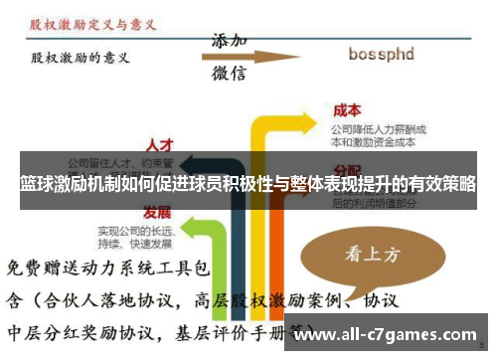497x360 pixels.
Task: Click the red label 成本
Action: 347,110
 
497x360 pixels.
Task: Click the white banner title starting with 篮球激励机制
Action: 248,185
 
